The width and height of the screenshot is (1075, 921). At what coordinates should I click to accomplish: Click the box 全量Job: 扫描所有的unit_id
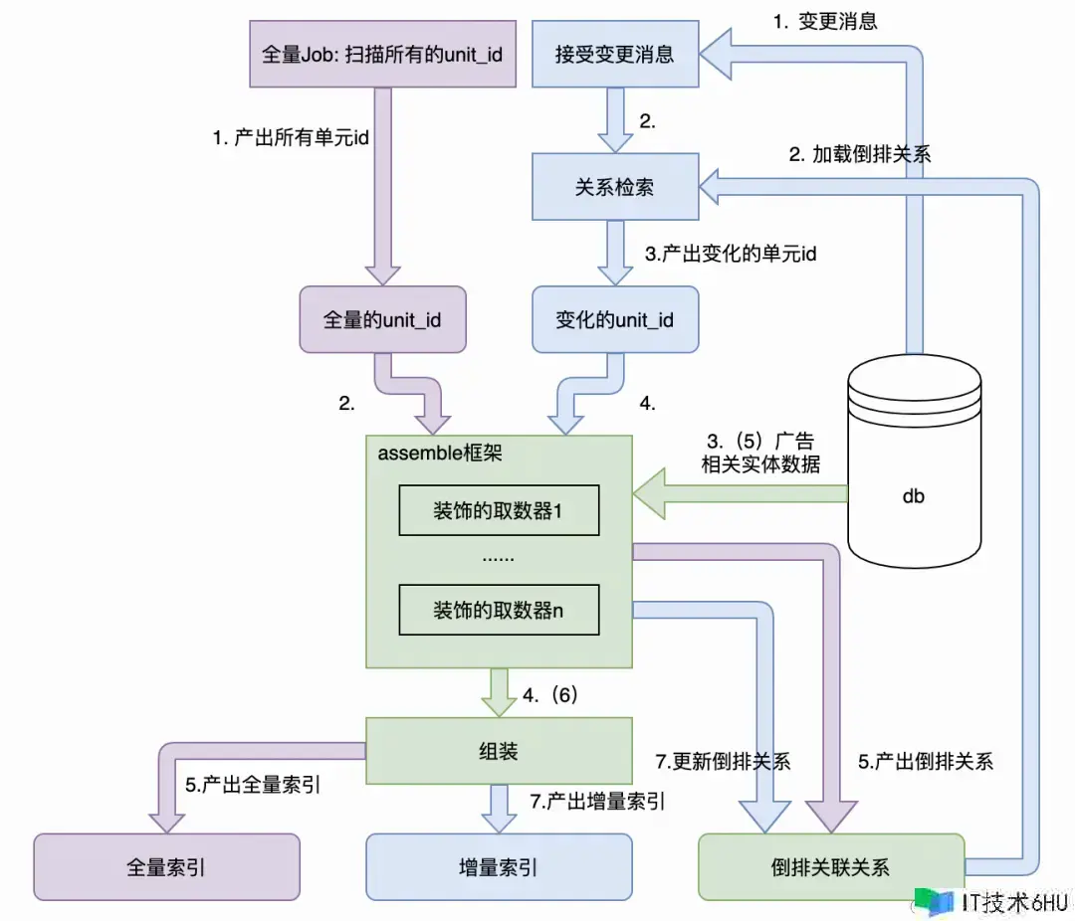[382, 53]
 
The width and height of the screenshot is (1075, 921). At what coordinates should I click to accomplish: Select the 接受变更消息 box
[614, 53]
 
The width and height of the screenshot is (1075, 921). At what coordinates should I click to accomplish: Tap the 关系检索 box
[614, 186]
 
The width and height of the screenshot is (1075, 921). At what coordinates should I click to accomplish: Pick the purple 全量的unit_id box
[383, 319]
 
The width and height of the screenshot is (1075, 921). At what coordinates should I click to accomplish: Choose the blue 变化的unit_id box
[614, 319]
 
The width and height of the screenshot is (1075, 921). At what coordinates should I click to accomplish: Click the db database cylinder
[912, 467]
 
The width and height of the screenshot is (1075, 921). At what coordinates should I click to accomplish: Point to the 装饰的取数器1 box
[499, 511]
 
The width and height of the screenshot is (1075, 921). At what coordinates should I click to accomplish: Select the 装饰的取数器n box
[499, 610]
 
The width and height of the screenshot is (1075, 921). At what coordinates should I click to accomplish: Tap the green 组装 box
[500, 750]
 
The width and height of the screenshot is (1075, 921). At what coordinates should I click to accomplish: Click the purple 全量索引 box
[166, 866]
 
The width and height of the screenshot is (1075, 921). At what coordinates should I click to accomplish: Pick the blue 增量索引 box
[499, 866]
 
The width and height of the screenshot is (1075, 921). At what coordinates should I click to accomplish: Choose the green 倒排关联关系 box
[831, 866]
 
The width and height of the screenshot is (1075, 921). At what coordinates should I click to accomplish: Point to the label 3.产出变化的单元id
[731, 253]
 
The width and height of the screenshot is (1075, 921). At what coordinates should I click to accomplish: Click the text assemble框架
[440, 453]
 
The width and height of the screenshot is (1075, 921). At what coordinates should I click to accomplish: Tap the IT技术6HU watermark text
[1014, 901]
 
